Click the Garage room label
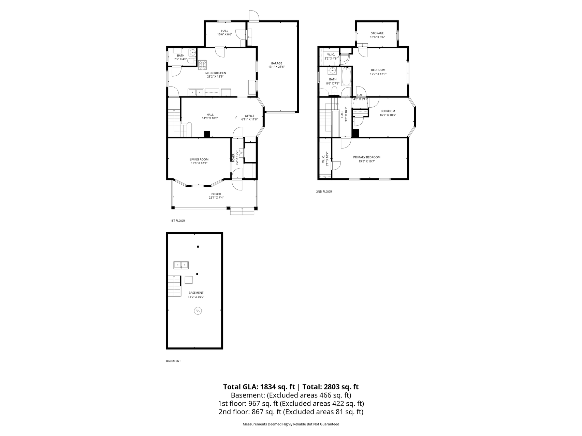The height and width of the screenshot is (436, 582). (x=276, y=63)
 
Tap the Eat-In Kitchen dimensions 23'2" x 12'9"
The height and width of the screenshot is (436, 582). (x=215, y=77)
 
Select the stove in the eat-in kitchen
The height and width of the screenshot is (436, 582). (x=203, y=64)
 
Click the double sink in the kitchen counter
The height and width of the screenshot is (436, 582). (x=196, y=92)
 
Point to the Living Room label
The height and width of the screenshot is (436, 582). (x=199, y=159)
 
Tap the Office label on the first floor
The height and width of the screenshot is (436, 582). (x=249, y=116)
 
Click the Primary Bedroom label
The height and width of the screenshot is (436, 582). (x=366, y=157)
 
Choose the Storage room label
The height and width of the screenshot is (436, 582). (x=377, y=33)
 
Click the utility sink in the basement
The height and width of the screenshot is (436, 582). (x=181, y=265)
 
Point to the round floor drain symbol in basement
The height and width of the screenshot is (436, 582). (x=198, y=311)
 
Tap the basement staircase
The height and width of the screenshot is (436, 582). (x=174, y=286)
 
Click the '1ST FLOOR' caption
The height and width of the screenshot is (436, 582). (x=177, y=221)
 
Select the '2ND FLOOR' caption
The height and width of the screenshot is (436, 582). (x=324, y=192)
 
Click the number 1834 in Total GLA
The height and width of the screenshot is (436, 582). (x=268, y=387)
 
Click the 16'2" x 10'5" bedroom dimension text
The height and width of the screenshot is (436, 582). (x=388, y=115)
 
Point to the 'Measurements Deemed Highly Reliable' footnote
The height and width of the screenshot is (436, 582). (x=291, y=424)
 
